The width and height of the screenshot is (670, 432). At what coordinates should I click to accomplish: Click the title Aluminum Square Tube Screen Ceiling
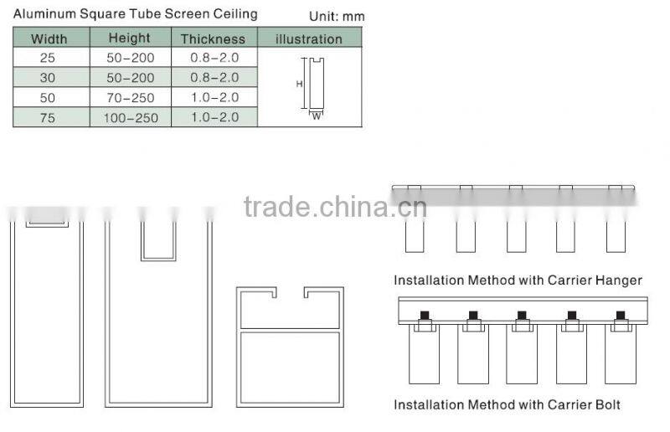point(135,14)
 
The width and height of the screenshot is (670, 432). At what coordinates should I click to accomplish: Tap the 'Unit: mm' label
point(337,17)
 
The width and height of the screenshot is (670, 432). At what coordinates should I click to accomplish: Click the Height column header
point(129,38)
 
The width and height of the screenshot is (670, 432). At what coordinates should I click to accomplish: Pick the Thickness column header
point(213,39)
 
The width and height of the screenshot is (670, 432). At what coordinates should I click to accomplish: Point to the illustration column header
point(309,39)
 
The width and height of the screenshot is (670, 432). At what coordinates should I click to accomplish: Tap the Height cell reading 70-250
point(129,98)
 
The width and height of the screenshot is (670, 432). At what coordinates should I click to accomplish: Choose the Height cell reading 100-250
point(129,118)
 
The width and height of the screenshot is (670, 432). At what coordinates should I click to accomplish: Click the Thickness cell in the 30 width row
point(213,78)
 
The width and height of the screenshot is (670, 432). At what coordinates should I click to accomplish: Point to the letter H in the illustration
point(299,84)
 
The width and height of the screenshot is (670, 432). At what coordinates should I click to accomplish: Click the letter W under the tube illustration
point(316,116)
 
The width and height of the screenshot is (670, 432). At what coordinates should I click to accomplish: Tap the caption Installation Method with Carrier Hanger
point(518,280)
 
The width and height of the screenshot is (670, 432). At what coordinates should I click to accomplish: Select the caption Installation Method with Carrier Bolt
point(507,405)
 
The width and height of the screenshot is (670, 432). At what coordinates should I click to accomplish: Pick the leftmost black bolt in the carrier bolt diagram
point(424,315)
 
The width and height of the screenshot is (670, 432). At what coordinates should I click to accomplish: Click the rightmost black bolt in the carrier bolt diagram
point(620,315)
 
